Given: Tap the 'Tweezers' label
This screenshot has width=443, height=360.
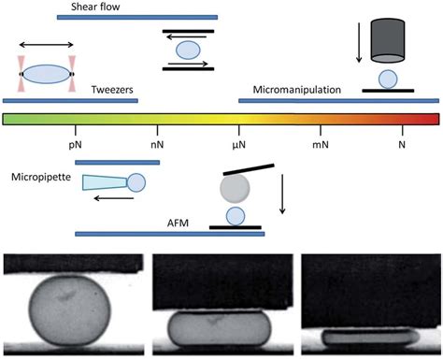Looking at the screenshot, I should coord(112,90).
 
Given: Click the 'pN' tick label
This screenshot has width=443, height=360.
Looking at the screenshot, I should coord(79,146).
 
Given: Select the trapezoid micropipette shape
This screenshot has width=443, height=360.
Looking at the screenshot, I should coord(105,183).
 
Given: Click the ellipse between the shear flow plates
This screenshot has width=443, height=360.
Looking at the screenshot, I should coord(188,49).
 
